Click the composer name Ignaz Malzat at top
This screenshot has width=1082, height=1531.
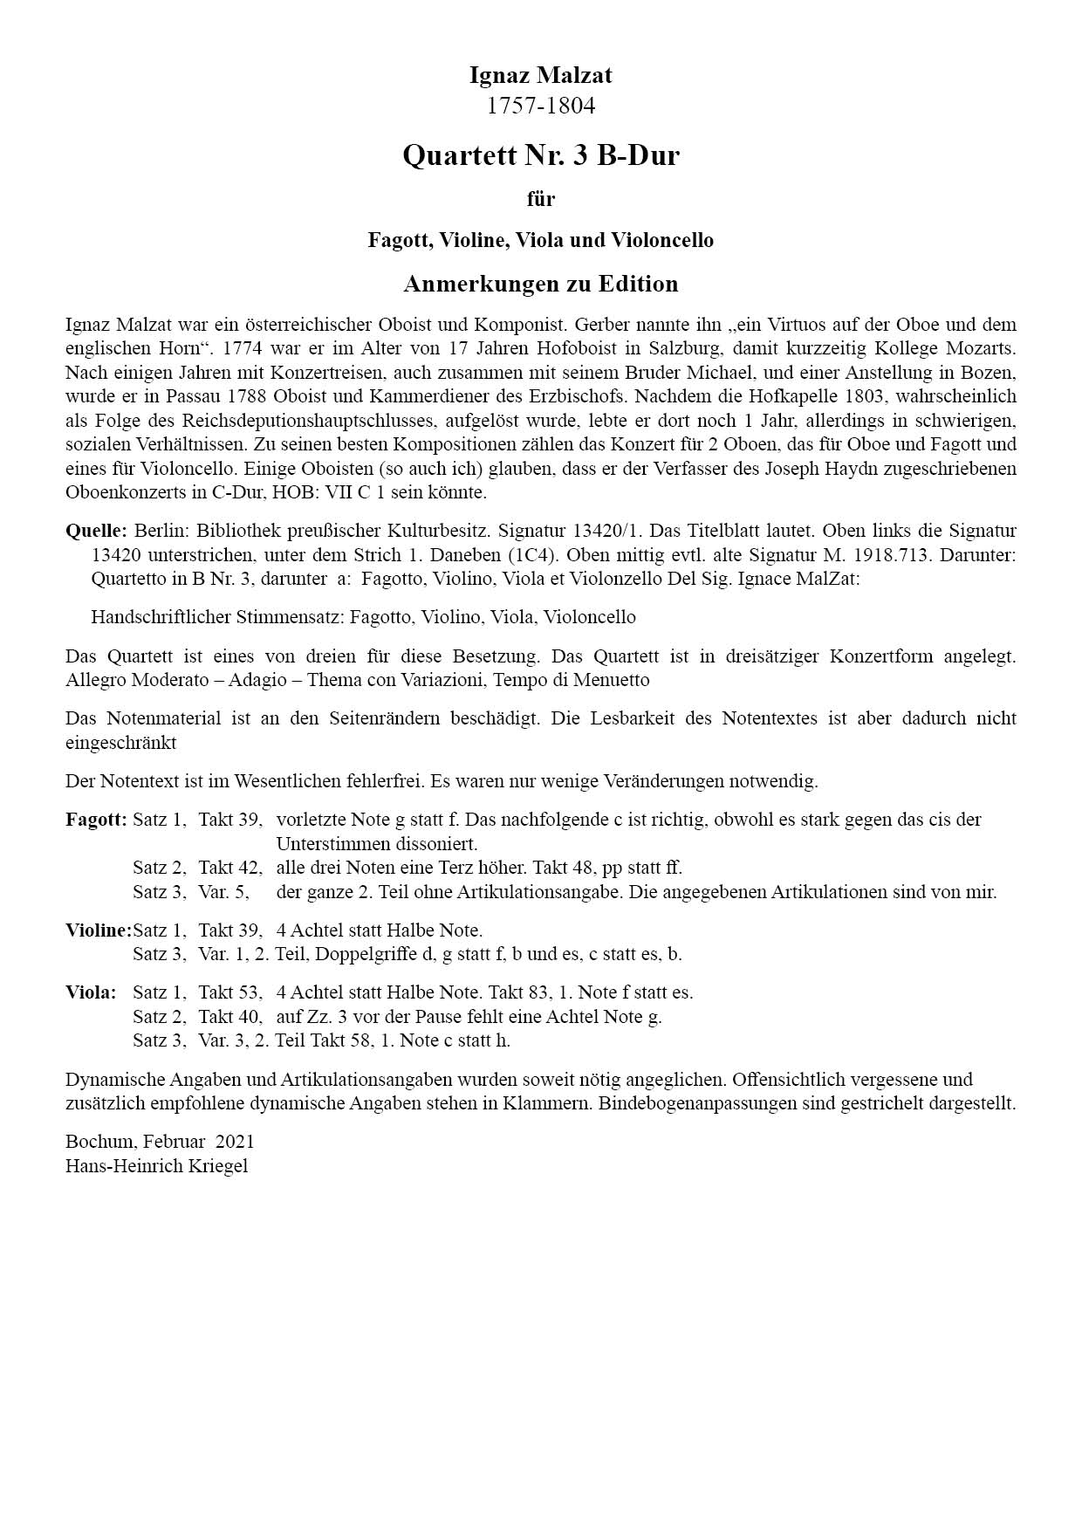point(540,75)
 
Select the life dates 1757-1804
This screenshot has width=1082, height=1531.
point(540,106)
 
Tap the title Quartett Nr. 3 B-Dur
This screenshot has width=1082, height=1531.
point(540,155)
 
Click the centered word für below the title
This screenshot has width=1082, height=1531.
point(540,199)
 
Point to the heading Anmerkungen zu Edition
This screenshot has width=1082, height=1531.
point(540,284)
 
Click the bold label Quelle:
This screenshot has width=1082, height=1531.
point(96,531)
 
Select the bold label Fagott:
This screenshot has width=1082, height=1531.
point(96,820)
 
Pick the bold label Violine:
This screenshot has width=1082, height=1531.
point(98,930)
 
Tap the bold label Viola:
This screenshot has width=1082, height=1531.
point(91,992)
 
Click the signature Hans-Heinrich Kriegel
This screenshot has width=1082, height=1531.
point(156,1166)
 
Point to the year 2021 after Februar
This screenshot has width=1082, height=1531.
point(235,1142)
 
